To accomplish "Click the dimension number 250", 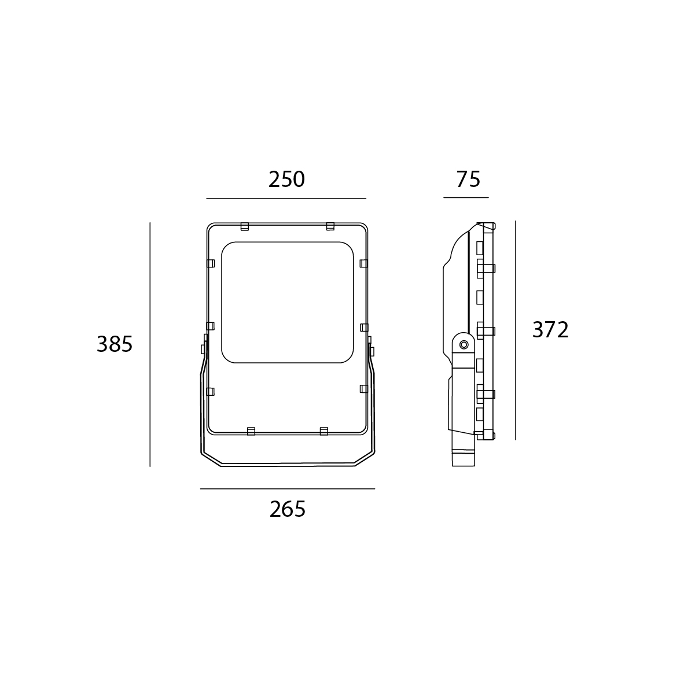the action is pos(286,179).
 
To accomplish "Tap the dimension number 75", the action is pos(468,179).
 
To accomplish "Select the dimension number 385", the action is pos(115,344).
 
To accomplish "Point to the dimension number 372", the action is pos(550,330).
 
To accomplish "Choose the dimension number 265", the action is pos(288,509).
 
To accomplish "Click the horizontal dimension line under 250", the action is pos(286,198).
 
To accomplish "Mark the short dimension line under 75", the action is pos(466,197).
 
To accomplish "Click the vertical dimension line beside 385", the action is pos(150,345).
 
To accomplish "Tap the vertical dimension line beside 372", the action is pos(516,330).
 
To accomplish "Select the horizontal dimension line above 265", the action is pos(288,489).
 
